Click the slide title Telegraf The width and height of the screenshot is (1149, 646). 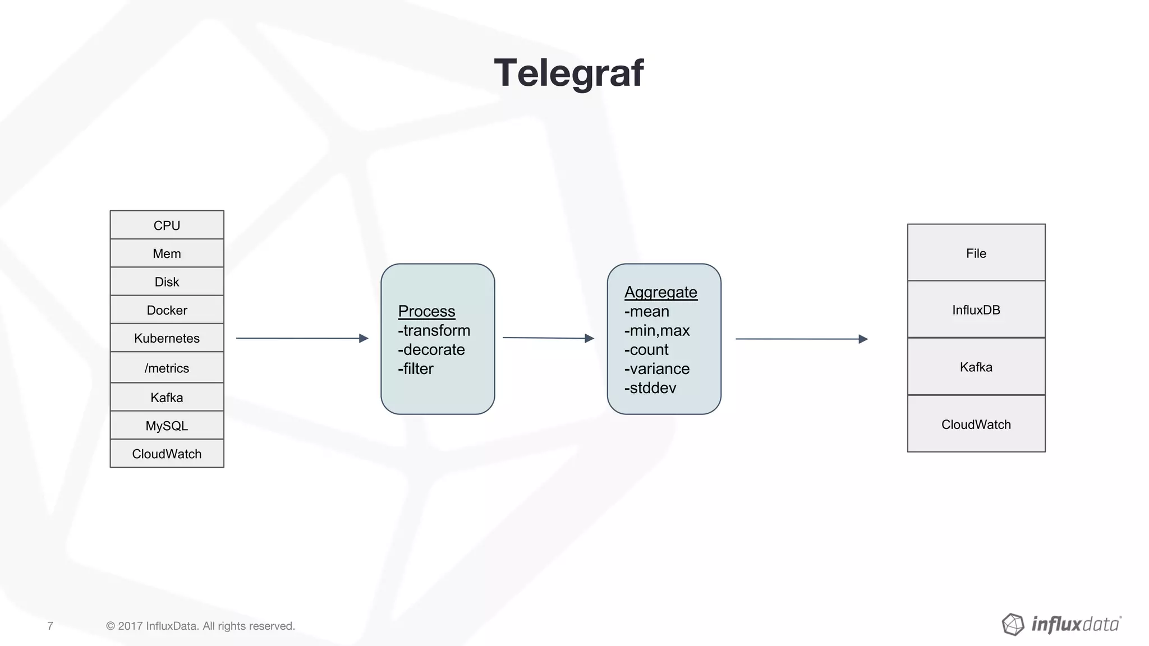tap(568, 73)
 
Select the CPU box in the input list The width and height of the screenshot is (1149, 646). tap(167, 225)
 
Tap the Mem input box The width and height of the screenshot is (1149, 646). tap(167, 253)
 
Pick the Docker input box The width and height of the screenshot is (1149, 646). tap(167, 310)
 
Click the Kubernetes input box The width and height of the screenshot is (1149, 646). tap(167, 338)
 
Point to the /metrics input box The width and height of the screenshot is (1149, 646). tap(167, 368)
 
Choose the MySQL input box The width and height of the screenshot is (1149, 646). tap(167, 426)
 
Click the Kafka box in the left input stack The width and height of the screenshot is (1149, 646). tap(167, 398)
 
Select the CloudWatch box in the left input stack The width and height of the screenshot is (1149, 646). tap(167, 454)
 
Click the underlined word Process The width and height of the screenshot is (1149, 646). tap(426, 311)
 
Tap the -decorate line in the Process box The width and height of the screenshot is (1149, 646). tap(431, 349)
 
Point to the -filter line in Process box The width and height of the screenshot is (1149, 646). tap(415, 368)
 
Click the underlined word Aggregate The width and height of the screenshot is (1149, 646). tap(660, 292)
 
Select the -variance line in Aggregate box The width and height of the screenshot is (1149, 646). tap(656, 368)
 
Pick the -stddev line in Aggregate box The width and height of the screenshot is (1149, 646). tap(650, 387)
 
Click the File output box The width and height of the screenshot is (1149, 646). tap(976, 253)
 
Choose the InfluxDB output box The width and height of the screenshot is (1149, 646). tap(976, 310)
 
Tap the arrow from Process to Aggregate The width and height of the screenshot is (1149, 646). tap(548, 338)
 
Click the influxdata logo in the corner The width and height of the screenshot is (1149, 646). tap(1061, 624)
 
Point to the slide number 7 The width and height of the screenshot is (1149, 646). tap(50, 626)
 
